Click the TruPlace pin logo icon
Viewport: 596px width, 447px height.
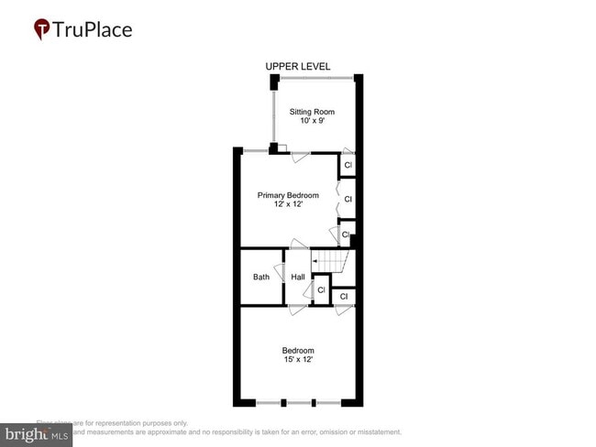click(41, 28)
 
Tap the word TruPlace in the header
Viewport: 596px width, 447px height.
click(93, 29)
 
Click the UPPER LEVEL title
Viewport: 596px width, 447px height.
click(298, 67)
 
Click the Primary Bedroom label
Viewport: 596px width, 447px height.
click(288, 195)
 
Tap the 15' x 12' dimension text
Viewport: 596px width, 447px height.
click(298, 360)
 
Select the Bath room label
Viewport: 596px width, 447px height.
click(261, 278)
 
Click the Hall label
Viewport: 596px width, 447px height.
click(298, 278)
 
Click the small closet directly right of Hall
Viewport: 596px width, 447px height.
click(321, 290)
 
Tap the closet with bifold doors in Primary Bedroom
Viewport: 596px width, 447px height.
click(348, 198)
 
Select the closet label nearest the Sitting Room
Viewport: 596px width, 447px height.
click(348, 166)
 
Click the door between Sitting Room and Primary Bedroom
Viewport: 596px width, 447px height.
click(299, 156)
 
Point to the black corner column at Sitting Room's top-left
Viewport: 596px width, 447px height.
click(273, 82)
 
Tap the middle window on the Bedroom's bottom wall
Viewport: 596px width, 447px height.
click(299, 403)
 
